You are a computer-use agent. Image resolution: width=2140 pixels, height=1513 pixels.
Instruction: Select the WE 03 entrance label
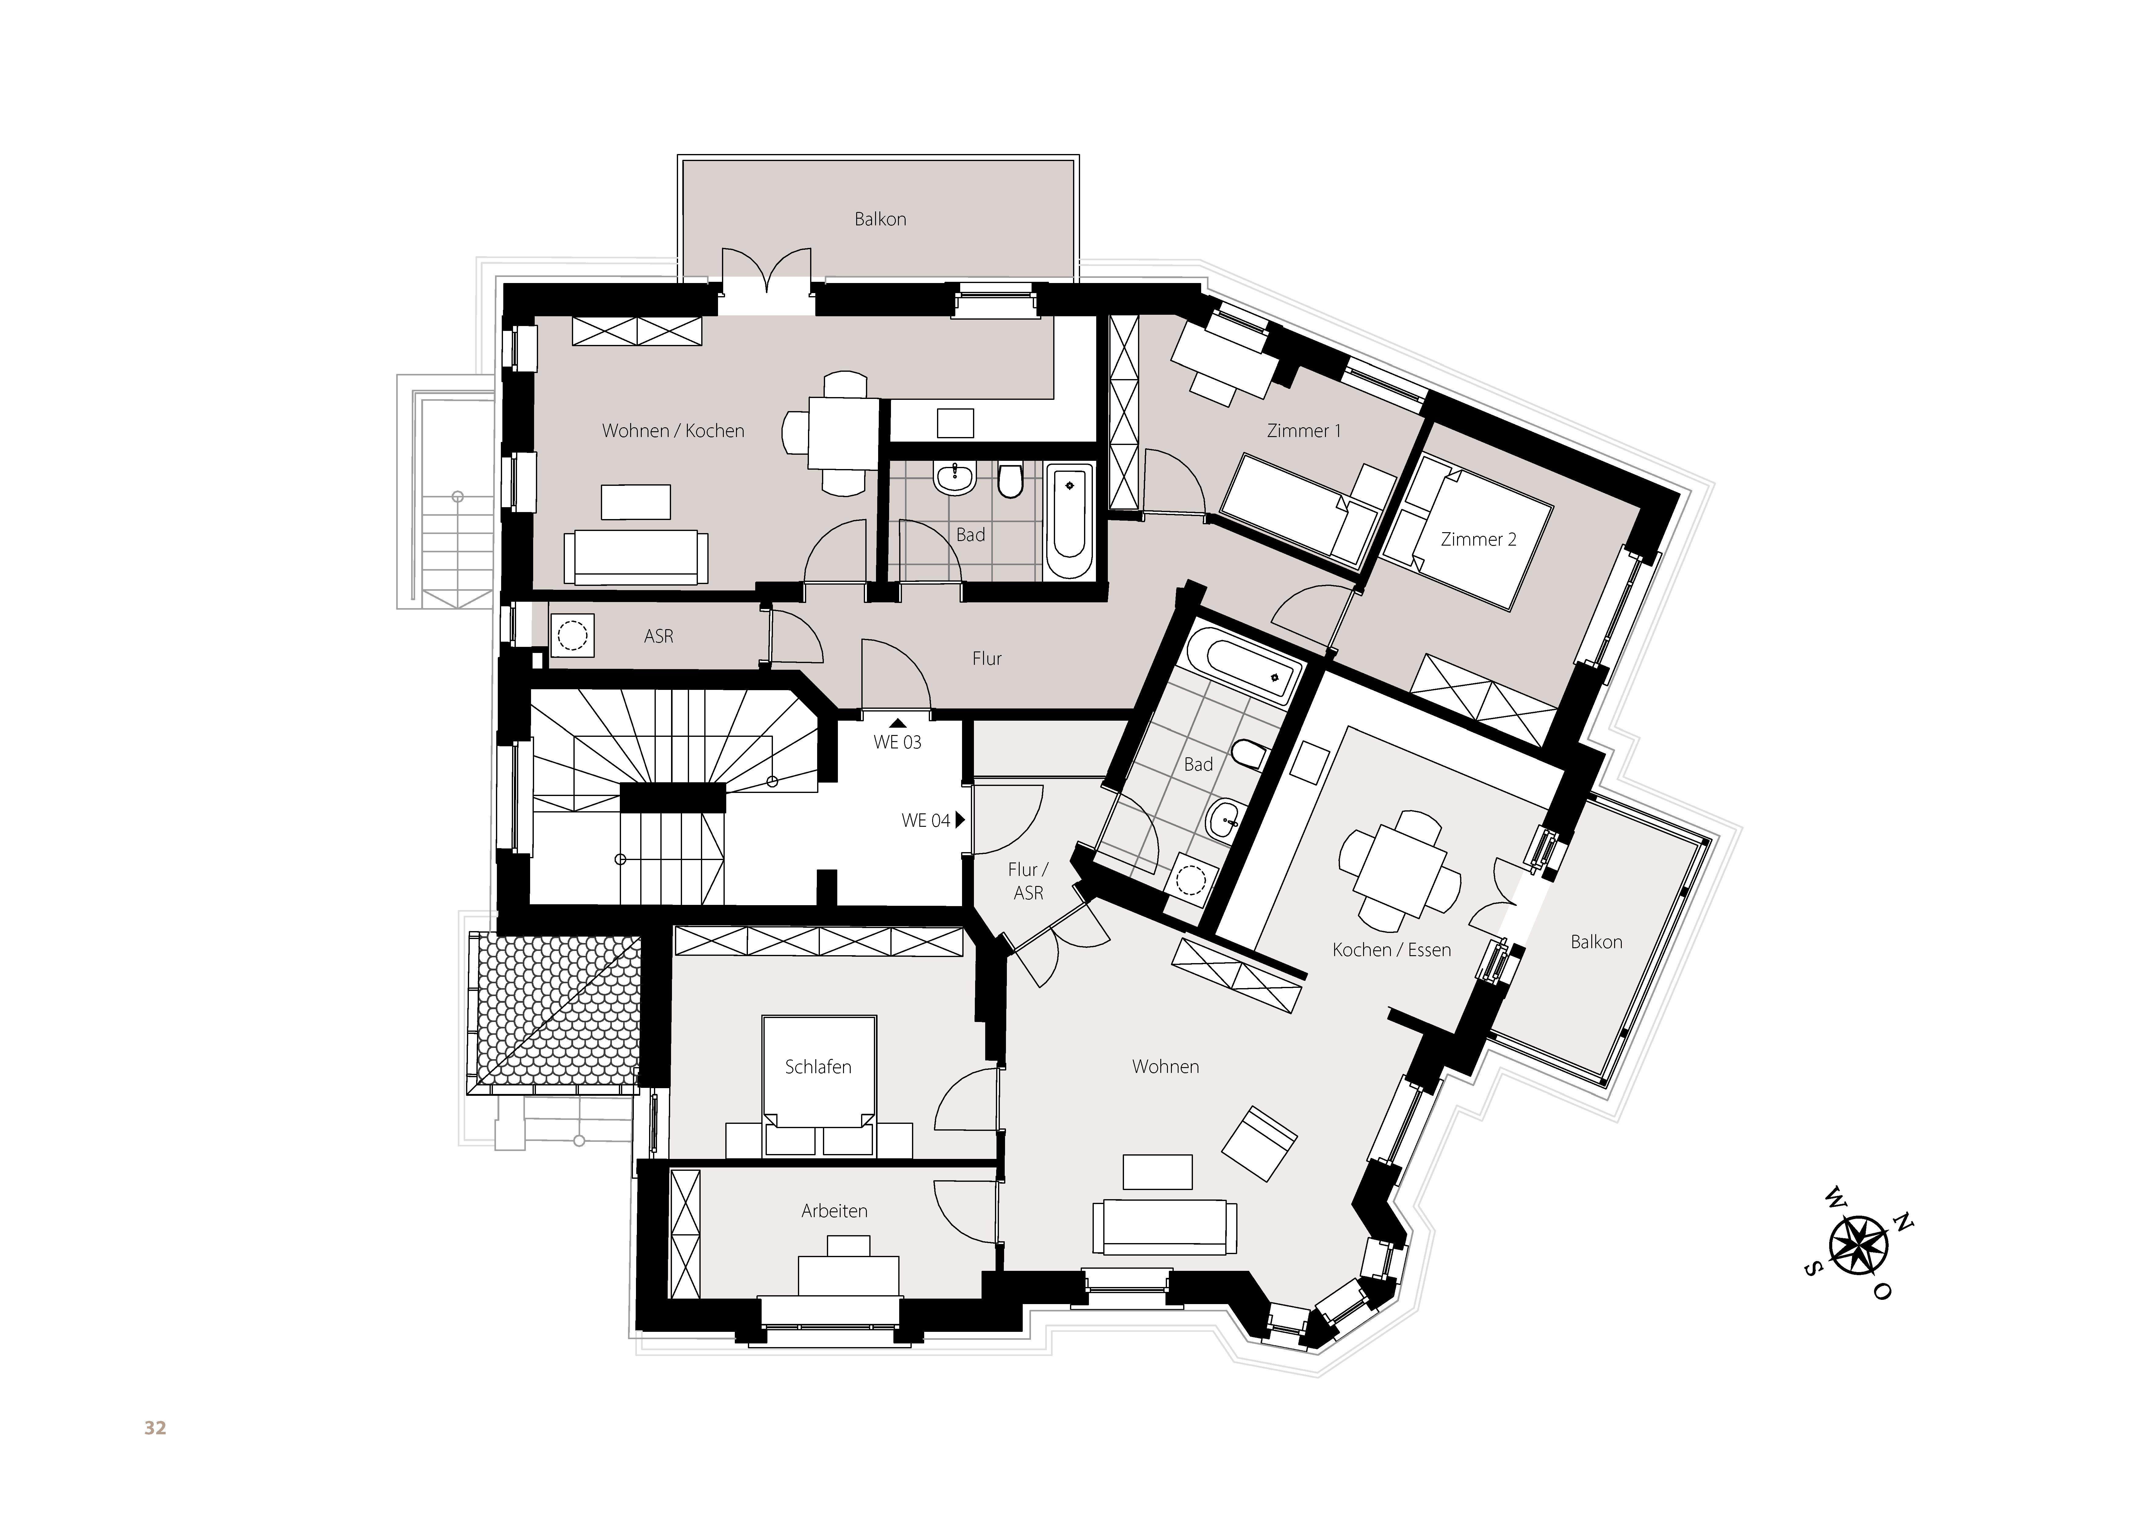click(898, 742)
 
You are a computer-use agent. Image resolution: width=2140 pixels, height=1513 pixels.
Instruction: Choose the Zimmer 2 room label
click(1478, 539)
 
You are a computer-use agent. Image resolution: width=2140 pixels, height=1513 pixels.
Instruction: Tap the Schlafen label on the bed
click(818, 1067)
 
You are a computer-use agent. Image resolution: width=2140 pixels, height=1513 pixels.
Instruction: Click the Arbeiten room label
click(834, 1211)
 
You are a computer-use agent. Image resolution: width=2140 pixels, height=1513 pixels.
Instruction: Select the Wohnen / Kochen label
click(673, 431)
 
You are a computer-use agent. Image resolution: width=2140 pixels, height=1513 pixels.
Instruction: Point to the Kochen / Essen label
click(1391, 950)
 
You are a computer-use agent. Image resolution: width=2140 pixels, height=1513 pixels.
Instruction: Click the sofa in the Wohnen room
click(1164, 1227)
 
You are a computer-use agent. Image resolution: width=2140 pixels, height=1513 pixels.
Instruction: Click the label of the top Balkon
click(880, 219)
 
